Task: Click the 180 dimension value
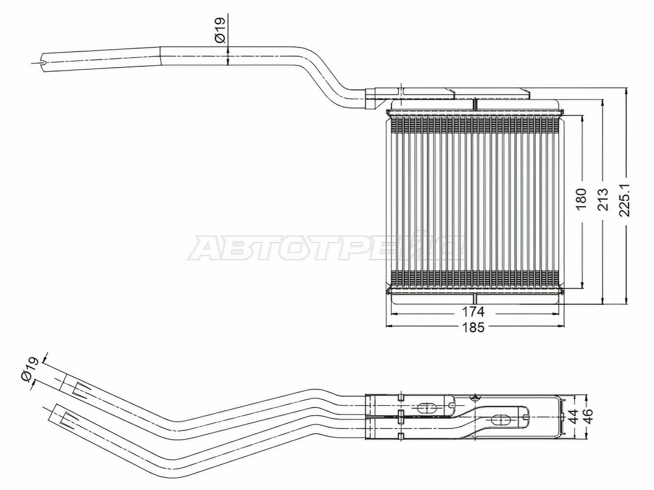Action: click(x=581, y=199)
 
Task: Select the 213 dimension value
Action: click(x=603, y=199)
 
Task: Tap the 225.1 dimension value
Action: click(x=625, y=199)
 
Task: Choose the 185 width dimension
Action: click(x=473, y=327)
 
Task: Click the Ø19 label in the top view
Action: click(x=220, y=30)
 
